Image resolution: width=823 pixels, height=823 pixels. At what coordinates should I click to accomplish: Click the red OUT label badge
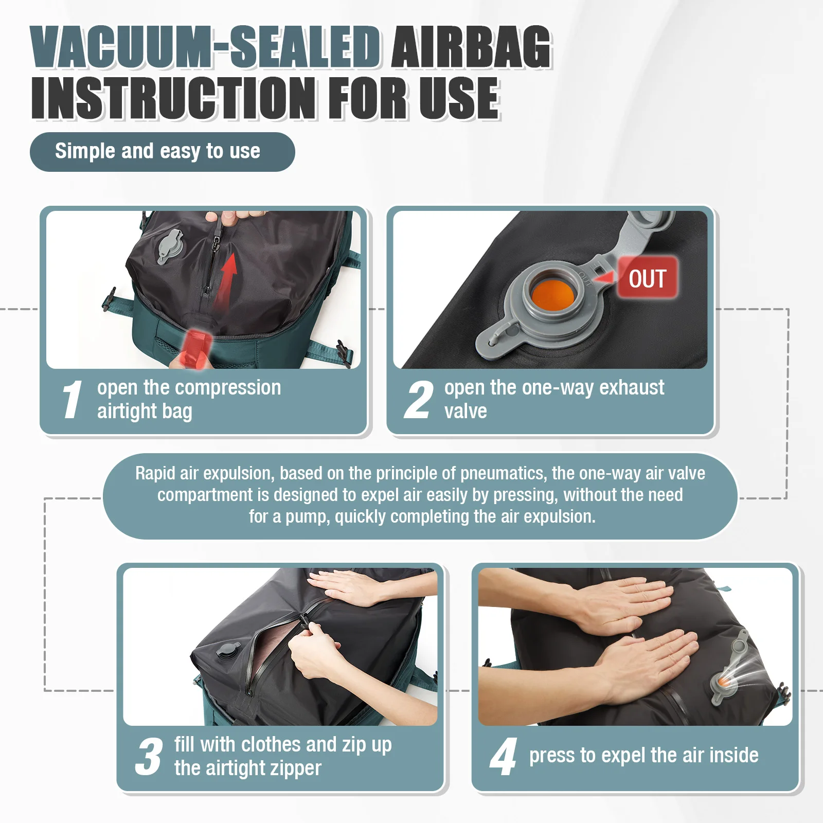(647, 278)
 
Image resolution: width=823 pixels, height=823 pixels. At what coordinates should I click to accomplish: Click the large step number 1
(71, 400)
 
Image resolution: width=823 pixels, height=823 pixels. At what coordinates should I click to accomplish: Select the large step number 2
(418, 400)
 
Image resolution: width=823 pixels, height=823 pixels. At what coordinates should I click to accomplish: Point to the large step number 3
(149, 757)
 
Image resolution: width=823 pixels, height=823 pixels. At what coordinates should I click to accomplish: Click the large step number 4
(503, 757)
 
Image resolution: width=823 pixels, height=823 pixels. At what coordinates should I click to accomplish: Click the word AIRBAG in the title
(471, 47)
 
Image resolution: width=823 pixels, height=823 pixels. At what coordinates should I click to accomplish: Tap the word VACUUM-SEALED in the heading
(206, 47)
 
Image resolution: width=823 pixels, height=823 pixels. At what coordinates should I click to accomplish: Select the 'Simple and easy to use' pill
(162, 152)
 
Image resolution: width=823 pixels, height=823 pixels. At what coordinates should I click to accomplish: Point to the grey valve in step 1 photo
(169, 247)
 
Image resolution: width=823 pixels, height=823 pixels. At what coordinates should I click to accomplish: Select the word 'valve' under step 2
(466, 411)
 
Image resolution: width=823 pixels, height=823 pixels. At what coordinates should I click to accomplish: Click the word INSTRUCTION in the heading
(174, 98)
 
